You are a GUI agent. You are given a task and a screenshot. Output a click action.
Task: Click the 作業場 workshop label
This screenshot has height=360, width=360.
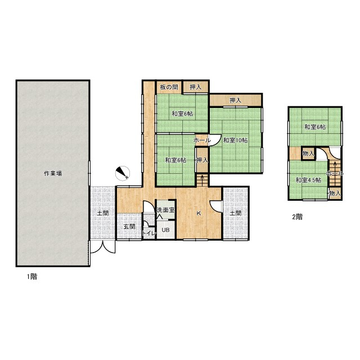point(53,173)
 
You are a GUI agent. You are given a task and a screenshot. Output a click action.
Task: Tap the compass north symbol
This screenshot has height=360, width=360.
point(123,173)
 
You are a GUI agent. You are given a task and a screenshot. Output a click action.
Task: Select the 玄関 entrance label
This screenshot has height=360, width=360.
point(129,227)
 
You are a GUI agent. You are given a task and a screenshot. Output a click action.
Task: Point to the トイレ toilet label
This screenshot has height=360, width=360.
point(149,233)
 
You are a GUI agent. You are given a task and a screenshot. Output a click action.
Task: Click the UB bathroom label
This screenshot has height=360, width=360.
point(165,229)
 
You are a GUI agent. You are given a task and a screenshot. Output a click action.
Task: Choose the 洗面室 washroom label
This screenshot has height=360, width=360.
point(166,210)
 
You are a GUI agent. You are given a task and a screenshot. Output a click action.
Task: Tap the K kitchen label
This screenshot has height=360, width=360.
point(199,213)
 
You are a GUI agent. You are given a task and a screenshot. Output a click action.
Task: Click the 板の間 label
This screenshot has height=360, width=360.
point(169,87)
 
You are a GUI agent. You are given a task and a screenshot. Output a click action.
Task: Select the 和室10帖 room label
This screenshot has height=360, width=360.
point(235,140)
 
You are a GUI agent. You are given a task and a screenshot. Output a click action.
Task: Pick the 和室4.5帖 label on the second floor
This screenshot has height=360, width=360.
point(308,180)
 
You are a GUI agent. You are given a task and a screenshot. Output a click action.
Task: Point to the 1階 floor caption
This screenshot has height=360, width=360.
point(32,276)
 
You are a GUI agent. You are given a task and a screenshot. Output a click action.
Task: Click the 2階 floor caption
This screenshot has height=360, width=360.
point(298,217)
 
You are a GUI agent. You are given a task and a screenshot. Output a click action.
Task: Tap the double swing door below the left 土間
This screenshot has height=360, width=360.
point(102,247)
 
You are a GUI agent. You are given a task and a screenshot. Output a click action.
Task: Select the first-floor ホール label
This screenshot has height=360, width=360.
point(202,140)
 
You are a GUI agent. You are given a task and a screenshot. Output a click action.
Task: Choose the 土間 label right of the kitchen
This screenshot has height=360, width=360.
point(236,213)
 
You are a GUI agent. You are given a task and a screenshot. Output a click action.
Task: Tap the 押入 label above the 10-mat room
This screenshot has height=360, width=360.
point(235,100)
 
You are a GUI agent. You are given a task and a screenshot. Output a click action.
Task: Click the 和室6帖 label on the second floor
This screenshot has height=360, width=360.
point(315,127)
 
